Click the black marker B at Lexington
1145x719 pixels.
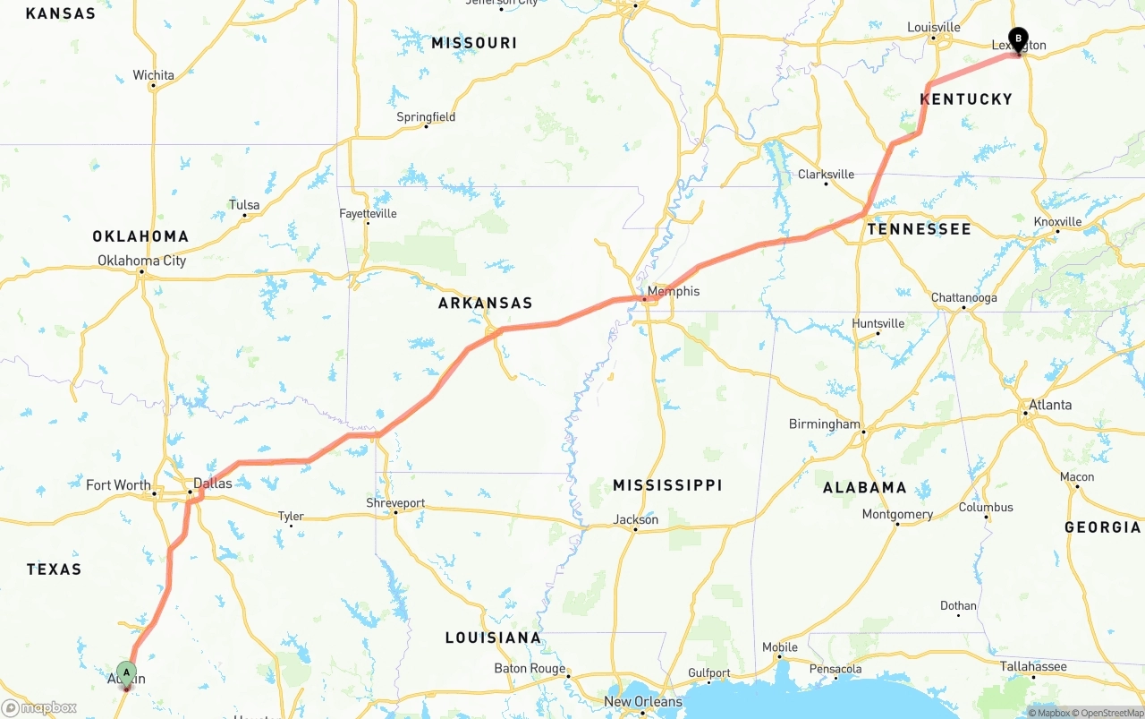click(x=1018, y=39)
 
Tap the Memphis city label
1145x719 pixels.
click(x=673, y=291)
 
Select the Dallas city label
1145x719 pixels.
click(x=213, y=484)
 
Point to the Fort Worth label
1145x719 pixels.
click(x=118, y=485)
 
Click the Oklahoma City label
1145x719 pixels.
click(x=141, y=261)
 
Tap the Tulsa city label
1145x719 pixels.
click(x=244, y=205)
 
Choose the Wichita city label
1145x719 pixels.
click(x=153, y=75)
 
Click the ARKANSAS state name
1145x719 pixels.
click(x=485, y=304)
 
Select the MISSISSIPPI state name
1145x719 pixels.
click(x=667, y=485)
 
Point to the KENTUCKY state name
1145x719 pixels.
click(x=966, y=99)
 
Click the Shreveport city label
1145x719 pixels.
click(x=395, y=503)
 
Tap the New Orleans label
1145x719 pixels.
click(x=643, y=702)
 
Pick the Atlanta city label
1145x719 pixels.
click(x=1049, y=405)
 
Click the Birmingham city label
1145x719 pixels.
click(x=824, y=424)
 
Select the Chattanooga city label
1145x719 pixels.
click(x=963, y=298)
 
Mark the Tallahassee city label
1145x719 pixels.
click(x=1032, y=666)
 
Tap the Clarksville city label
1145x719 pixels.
click(x=826, y=175)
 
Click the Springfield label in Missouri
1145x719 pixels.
click(x=426, y=117)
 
